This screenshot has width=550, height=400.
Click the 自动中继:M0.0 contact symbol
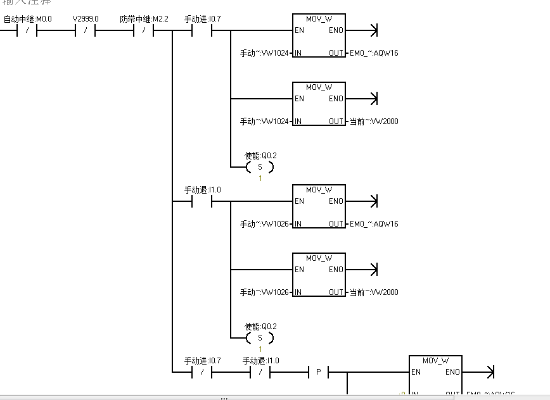pos(28,30)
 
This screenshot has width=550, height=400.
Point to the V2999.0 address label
pos(86,19)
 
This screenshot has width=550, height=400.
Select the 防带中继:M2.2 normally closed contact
pos(144,30)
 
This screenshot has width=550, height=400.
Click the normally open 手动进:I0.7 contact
pos(201,30)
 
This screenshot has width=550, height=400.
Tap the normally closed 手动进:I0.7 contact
pos(201,372)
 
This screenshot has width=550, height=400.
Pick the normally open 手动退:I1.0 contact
pos(201,201)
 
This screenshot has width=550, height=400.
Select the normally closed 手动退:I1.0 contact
pos(260,372)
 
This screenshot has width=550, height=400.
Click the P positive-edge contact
pos(318,372)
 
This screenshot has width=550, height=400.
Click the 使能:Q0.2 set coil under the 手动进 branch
pos(260,167)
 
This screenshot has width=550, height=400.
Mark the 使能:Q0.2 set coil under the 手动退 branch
pos(260,338)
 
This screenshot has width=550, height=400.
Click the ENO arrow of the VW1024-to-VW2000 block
pos(373,99)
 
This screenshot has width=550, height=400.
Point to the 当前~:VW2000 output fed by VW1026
pos(374,292)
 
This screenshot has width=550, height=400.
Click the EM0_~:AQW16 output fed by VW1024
pos(374,53)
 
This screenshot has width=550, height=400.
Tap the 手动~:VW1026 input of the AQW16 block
pos(264,224)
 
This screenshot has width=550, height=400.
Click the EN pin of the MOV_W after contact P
pos(416,372)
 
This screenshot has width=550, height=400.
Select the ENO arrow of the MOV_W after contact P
pos(489,372)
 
